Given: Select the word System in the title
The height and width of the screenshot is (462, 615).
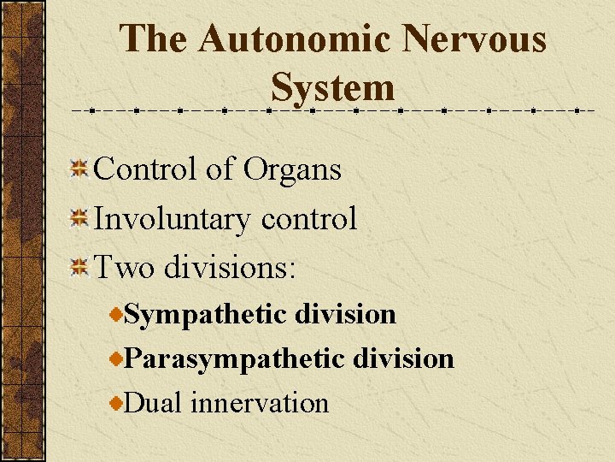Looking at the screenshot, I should coord(333,86).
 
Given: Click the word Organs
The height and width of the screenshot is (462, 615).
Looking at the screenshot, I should coord(292,170).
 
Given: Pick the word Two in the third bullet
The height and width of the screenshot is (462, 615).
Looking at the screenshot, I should coord(121,269).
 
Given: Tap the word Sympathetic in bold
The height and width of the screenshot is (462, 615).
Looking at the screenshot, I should coord(205,315).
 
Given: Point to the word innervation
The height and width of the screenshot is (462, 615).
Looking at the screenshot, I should coord(260,402).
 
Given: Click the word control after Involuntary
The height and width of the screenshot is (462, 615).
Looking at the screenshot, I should coord(309,220).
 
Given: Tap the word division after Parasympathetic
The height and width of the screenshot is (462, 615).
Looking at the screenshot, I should coord(403,358).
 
